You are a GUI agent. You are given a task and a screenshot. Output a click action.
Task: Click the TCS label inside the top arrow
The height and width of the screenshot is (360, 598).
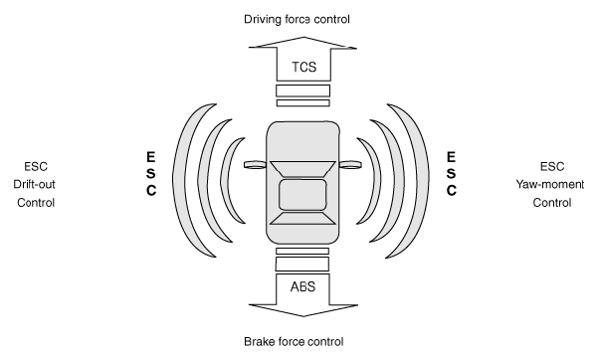(x=304, y=67)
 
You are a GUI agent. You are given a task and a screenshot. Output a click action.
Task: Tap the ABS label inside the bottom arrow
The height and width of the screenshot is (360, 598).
(x=303, y=286)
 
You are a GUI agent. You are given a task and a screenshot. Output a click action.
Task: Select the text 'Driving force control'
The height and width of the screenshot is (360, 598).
(x=297, y=19)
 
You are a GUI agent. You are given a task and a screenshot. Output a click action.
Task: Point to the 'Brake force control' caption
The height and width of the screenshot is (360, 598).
(x=294, y=341)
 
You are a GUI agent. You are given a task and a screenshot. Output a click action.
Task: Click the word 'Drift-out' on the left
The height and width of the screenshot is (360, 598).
(x=34, y=184)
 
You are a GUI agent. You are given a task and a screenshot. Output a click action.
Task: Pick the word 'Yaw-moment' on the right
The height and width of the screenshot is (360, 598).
(x=550, y=184)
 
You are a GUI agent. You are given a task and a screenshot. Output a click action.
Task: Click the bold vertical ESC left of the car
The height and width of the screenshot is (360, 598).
(x=151, y=173)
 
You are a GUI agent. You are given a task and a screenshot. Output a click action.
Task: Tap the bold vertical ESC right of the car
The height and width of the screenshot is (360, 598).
(x=451, y=173)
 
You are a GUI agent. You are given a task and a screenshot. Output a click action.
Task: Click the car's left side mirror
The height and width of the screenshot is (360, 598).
(x=255, y=164)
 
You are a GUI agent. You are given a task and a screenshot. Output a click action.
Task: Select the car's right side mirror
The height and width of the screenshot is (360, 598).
(x=350, y=164)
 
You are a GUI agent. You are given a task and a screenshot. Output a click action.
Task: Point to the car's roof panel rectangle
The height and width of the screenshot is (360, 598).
(x=302, y=195)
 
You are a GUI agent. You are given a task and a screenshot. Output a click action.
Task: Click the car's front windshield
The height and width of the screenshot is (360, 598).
(x=302, y=169)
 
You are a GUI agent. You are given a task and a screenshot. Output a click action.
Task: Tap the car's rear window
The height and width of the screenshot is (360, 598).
(x=302, y=219)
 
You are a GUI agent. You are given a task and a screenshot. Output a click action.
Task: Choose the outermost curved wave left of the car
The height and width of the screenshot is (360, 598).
(x=180, y=179)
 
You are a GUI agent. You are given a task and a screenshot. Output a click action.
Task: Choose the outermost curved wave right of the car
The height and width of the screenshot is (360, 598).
(x=422, y=179)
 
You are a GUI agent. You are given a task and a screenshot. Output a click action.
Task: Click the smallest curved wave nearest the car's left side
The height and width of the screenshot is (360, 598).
(x=226, y=180)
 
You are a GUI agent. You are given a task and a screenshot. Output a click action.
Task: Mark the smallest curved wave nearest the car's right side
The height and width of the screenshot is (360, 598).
(x=376, y=180)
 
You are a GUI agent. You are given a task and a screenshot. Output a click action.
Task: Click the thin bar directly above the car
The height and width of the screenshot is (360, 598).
(x=303, y=103)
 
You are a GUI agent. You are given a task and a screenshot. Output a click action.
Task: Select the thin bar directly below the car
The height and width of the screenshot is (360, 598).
(x=302, y=251)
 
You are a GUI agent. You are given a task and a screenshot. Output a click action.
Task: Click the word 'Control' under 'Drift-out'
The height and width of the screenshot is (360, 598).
(x=36, y=203)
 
